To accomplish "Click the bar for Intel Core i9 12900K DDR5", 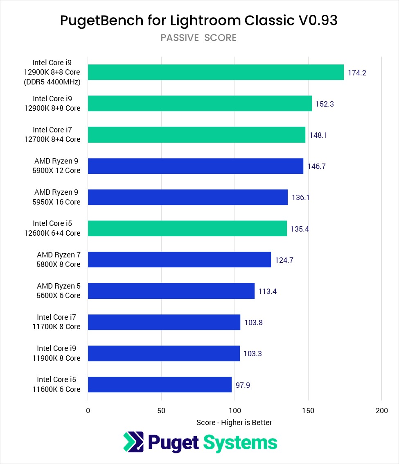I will tap(216, 72).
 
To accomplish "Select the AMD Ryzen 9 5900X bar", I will tap(196, 166).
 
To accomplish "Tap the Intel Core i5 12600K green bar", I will tap(187, 228).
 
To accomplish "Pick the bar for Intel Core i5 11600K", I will tap(160, 384).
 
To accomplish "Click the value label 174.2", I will tap(357, 73).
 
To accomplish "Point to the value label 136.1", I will tap(301, 198).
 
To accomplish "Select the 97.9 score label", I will tap(243, 385).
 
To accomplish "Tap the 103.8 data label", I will tap(253, 323).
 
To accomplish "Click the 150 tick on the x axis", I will tap(308, 410).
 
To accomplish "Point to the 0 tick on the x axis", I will tap(88, 410).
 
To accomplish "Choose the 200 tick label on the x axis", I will tap(381, 410).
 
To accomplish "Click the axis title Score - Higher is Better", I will tap(234, 422).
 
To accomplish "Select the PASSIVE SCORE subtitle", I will tap(198, 38).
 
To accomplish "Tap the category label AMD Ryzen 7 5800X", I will tap(59, 259).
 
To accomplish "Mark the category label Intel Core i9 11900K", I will tap(59, 353).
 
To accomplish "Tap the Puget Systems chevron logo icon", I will tap(133, 442).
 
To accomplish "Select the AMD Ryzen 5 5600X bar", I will tap(171, 291).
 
